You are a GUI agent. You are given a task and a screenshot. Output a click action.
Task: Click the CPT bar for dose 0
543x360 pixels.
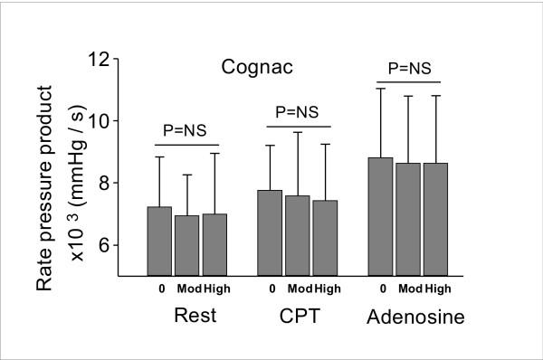click(x=271, y=232)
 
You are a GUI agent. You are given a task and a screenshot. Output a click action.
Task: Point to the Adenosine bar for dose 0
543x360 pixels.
click(x=381, y=216)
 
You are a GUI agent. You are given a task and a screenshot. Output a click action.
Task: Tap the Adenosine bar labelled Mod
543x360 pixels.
click(x=409, y=219)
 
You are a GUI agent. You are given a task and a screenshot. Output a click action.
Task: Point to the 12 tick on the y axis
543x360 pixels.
click(x=107, y=60)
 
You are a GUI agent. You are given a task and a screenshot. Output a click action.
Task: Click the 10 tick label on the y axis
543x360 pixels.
click(x=107, y=121)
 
